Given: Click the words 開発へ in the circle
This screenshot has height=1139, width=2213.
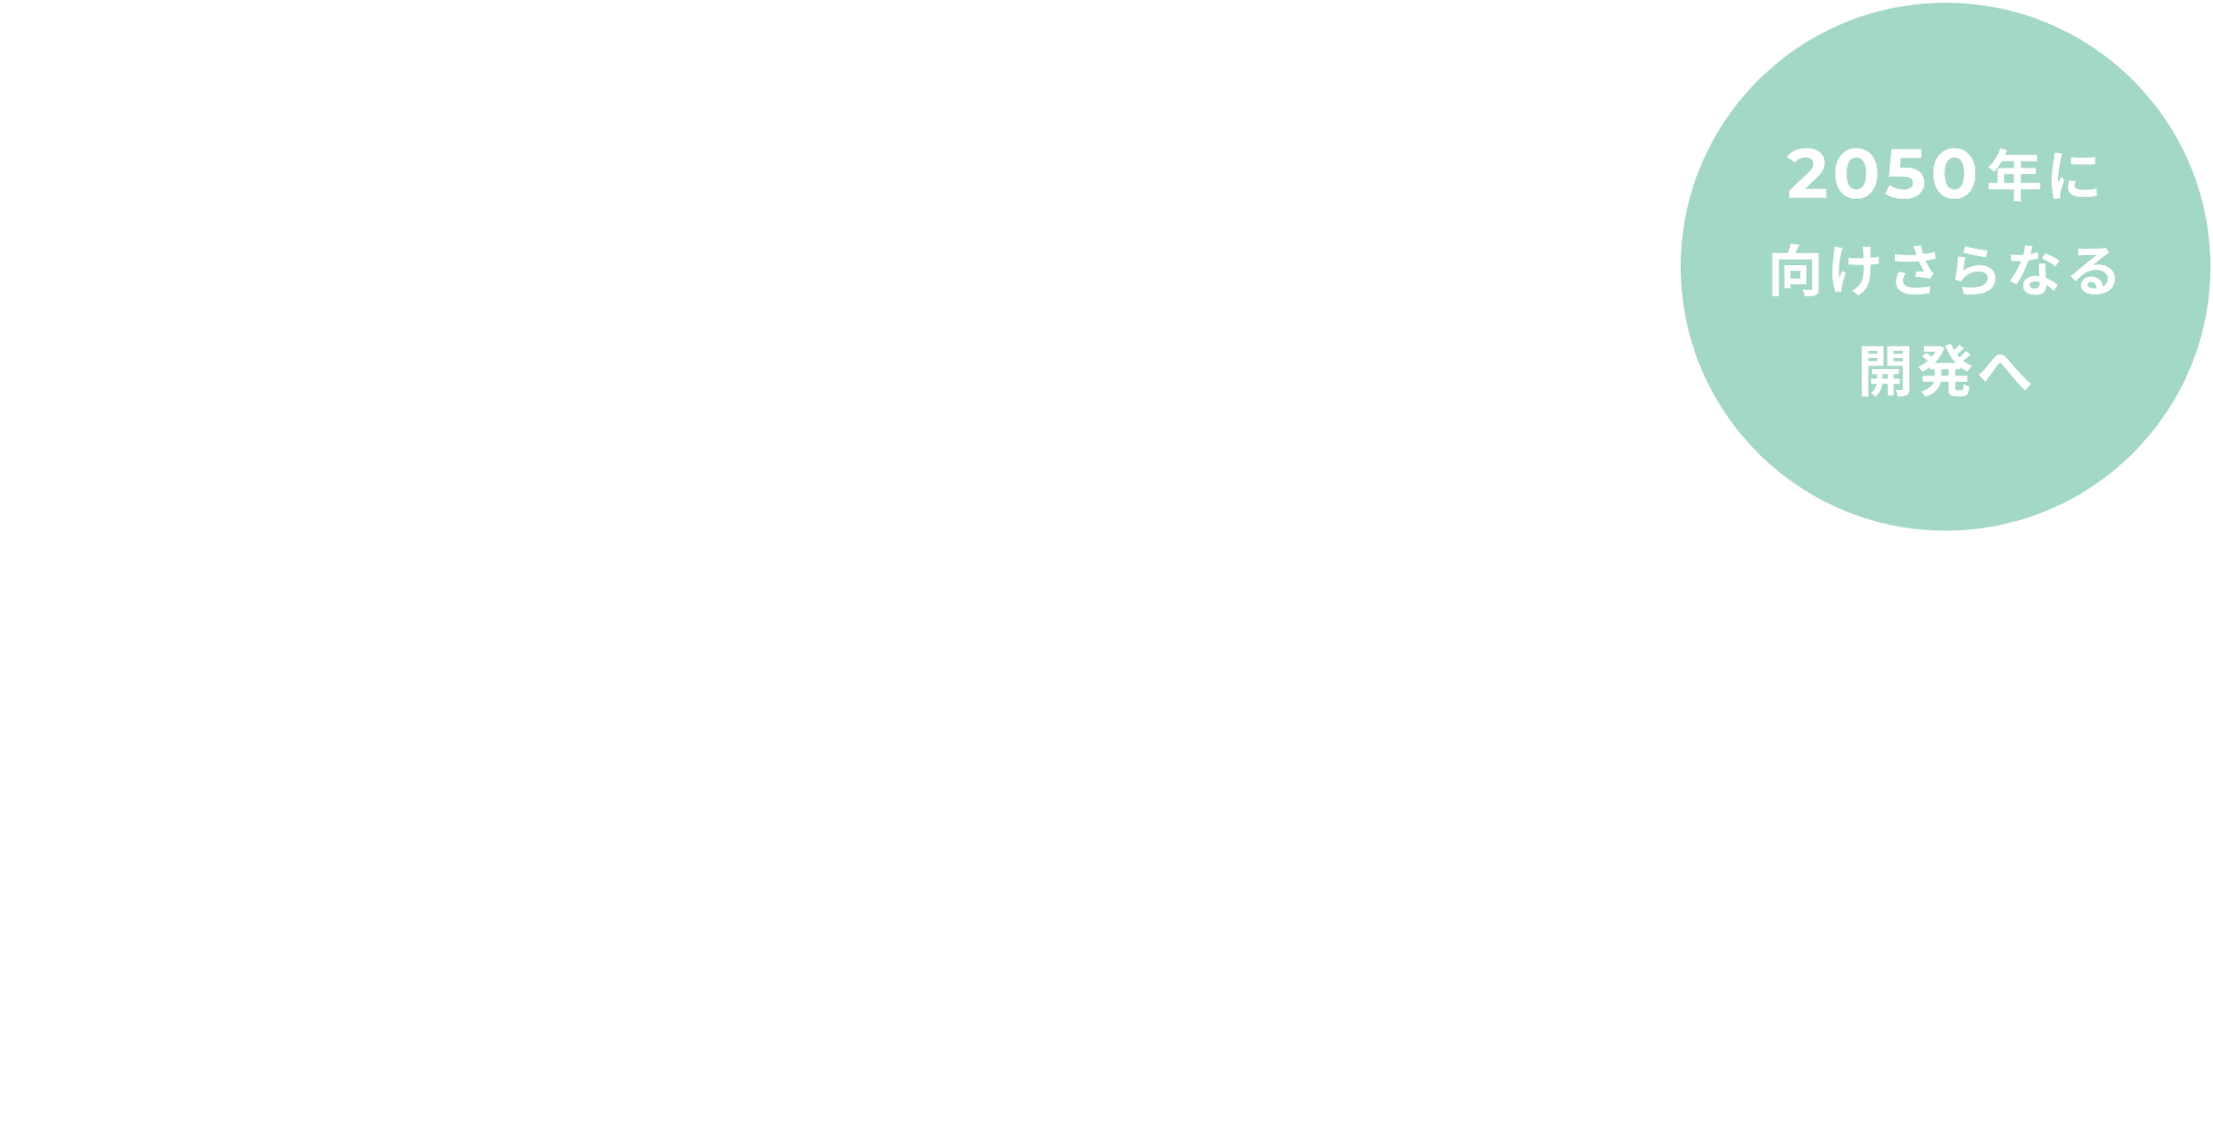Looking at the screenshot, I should click(x=1945, y=371).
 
